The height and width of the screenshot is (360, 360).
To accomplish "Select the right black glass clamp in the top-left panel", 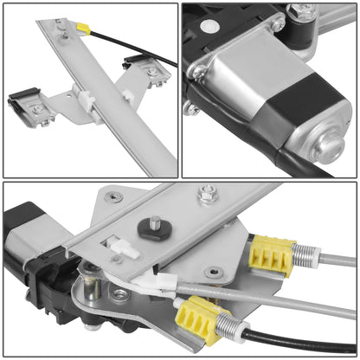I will (138, 67).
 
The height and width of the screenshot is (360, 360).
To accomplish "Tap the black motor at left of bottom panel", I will (26, 234).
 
